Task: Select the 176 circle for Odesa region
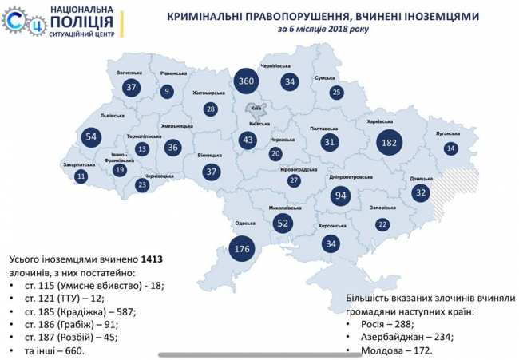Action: [243, 250]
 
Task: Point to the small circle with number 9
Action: [167, 91]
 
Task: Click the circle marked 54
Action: [91, 137]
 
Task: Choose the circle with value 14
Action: [451, 148]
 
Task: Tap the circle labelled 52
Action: [282, 224]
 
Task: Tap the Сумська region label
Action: [325, 77]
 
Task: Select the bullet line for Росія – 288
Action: [379, 325]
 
